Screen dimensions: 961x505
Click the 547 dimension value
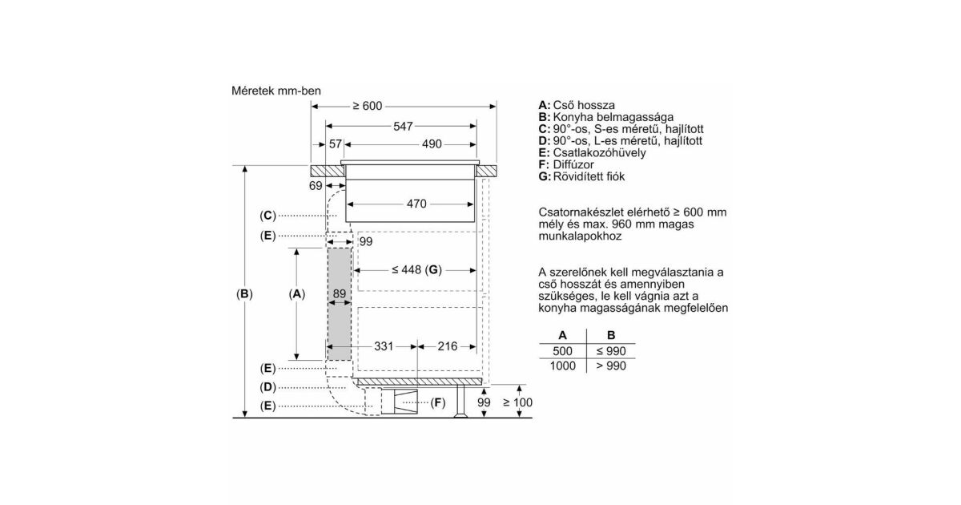[403, 127]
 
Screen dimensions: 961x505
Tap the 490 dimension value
[432, 144]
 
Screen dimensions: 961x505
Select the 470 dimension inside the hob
[416, 204]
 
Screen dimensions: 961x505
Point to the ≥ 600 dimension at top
[368, 106]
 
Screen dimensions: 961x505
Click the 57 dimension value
[336, 144]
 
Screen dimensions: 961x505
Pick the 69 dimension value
[316, 185]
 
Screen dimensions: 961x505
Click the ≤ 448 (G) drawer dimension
[416, 269]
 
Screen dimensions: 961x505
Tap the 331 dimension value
[384, 346]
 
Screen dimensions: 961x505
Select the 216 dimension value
[448, 346]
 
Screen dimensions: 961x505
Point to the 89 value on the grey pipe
[340, 293]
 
